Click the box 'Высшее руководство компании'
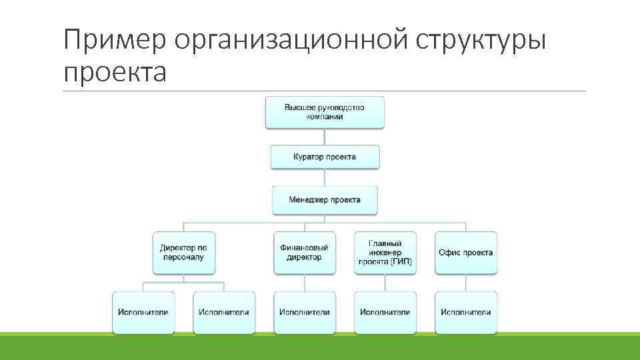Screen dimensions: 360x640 325,112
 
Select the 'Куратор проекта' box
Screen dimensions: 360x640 325,157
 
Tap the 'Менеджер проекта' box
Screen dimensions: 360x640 325,199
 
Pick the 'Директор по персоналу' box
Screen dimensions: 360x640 183,253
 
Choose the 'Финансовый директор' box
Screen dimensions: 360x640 305,253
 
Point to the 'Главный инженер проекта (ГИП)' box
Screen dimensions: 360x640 385,253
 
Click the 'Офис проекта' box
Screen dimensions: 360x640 466,253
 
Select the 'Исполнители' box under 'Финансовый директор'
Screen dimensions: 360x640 305,312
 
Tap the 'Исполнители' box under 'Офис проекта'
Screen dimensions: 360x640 466,312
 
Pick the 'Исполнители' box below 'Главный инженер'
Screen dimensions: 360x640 385,312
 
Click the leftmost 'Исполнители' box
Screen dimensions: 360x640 143,312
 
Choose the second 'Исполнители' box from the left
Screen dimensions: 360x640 224,312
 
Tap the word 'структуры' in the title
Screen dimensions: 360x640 481,41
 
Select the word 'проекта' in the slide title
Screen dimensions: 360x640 115,71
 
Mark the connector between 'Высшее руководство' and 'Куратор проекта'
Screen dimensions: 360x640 325,137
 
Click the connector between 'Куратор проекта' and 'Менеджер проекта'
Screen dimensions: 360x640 325,177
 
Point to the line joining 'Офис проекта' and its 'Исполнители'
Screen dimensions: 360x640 466,283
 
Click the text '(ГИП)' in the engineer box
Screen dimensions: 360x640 400,262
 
